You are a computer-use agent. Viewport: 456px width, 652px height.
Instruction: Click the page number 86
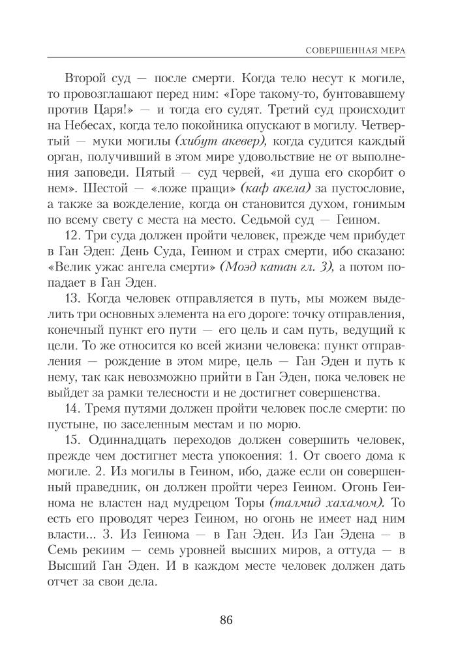pyautogui.click(x=227, y=619)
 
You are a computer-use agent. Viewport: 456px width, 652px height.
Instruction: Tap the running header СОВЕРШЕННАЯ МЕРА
pyautogui.click(x=355, y=50)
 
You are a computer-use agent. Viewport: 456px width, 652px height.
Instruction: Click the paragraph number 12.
pyautogui.click(x=74, y=235)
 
